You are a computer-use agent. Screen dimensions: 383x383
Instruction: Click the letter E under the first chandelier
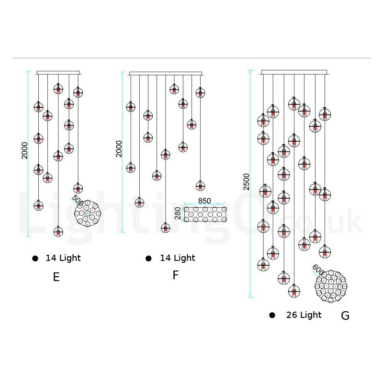tap(56, 277)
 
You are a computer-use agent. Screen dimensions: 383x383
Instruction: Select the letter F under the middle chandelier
tap(176, 275)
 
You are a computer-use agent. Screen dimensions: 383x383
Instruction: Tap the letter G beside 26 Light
tap(345, 315)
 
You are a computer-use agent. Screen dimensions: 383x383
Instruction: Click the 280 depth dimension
tap(178, 214)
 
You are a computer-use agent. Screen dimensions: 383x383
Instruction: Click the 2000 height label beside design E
tap(25, 151)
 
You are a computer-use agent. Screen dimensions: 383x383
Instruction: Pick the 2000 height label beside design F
tap(119, 148)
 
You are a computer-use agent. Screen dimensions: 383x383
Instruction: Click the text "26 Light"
tap(304, 315)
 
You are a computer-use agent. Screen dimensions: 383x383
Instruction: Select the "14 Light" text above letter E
tap(63, 258)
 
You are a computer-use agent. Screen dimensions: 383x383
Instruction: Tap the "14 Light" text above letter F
tap(178, 258)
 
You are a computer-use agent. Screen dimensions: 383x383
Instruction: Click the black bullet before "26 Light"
tap(272, 315)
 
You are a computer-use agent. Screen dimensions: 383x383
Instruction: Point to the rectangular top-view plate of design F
tap(205, 214)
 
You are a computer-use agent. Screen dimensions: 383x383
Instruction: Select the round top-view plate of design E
tap(88, 213)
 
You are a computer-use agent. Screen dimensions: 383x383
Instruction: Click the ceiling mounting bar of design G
tap(294, 72)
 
